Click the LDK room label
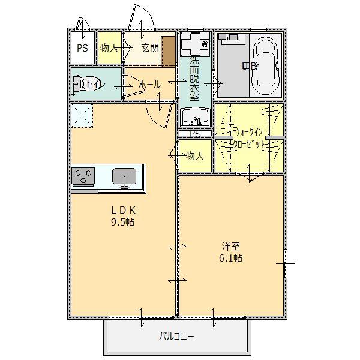[x=123, y=210]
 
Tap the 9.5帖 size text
[x=123, y=222]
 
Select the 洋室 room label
[x=230, y=246]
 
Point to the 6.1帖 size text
[x=230, y=258]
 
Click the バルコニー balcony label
[x=176, y=337]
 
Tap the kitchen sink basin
[x=124, y=176]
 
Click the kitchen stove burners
[x=83, y=176]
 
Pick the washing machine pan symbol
[x=194, y=43]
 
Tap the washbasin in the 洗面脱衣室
[x=194, y=116]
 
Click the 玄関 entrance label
[x=150, y=48]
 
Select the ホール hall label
[x=149, y=85]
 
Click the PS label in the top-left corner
[x=82, y=48]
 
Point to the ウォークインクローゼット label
[x=249, y=138]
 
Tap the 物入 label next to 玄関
[x=109, y=48]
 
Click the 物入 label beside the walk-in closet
[x=195, y=156]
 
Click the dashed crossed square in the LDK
[x=82, y=116]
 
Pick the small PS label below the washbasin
[x=195, y=133]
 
